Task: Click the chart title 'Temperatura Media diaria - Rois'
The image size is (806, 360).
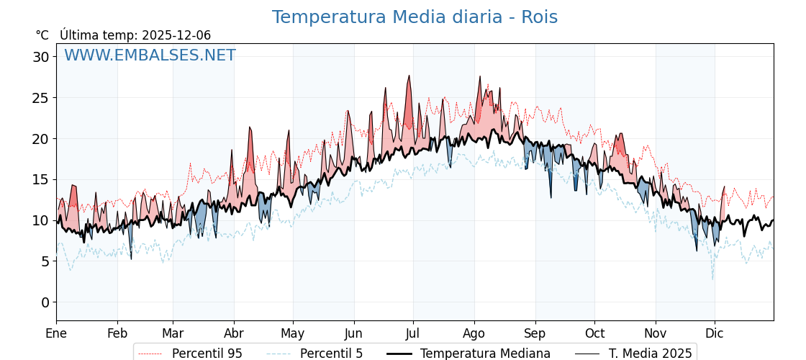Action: pos(415,17)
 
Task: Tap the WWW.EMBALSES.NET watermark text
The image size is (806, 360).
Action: pos(150,55)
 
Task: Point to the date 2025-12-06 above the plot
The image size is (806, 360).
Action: pos(176,35)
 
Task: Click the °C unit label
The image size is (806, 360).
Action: pos(42,35)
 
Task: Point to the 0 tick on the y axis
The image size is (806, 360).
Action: pos(45,302)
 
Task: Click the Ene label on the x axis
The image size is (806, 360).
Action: pos(56,334)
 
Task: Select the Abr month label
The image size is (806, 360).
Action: pos(234,334)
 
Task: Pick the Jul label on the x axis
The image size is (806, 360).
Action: pos(413,334)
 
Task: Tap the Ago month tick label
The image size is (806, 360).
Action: pos(474,334)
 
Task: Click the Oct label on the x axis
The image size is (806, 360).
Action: pos(594,334)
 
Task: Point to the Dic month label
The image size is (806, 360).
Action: pos(715,334)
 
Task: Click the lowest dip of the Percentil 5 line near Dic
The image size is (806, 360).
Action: pos(713,279)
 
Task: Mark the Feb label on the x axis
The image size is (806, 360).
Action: pos(117,334)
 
